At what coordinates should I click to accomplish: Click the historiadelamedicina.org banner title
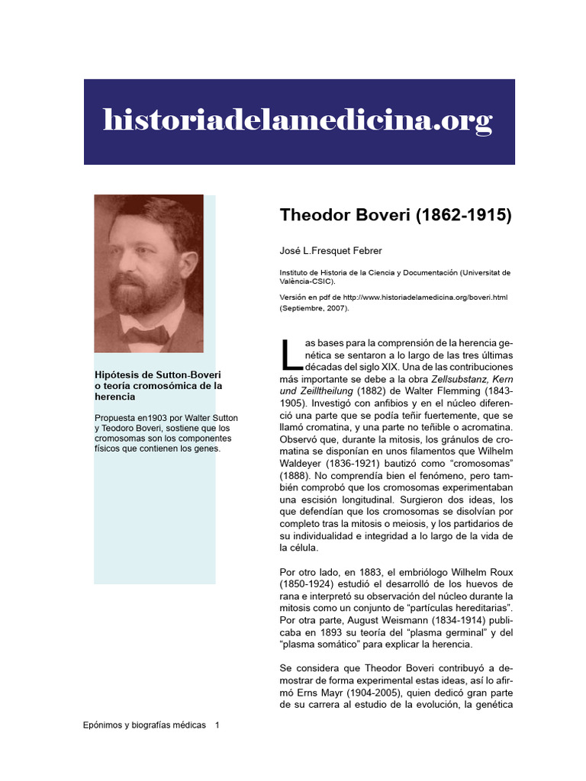pyautogui.click(x=298, y=121)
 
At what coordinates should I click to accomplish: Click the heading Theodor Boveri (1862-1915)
pyautogui.click(x=396, y=215)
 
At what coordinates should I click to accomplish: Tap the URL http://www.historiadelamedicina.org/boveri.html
pyautogui.click(x=425, y=297)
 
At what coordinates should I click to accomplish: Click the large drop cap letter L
pyautogui.click(x=288, y=355)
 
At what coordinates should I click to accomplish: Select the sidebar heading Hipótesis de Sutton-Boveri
pyautogui.click(x=157, y=374)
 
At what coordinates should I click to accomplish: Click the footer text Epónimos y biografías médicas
pyautogui.click(x=144, y=725)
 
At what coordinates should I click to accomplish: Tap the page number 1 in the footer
pyautogui.click(x=217, y=725)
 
